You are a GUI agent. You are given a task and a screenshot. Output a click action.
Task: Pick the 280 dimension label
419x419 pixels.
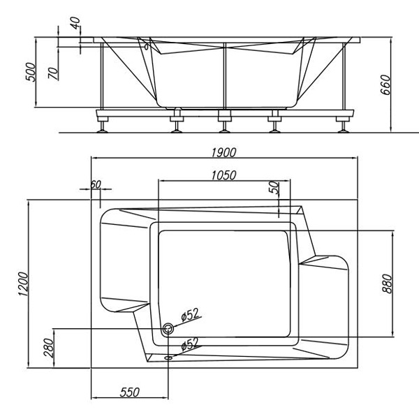click(48, 347)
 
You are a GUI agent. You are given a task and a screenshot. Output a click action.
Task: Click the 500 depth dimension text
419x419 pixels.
click(30, 72)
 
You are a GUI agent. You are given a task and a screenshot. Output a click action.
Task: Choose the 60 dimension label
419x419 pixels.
click(96, 184)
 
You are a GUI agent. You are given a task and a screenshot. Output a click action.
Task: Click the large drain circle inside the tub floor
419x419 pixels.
click(168, 328)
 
